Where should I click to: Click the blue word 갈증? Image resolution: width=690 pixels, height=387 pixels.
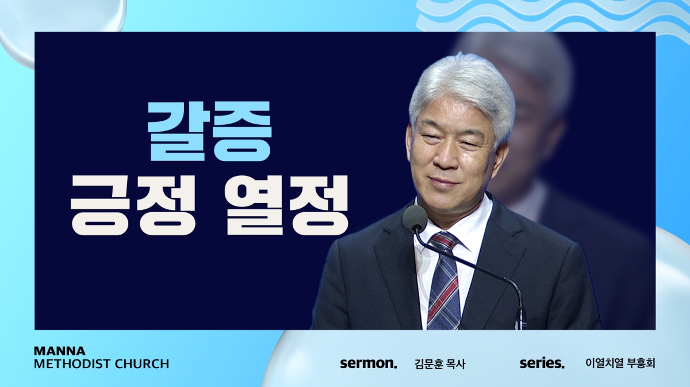[210, 131]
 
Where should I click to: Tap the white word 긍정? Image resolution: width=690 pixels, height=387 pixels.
[133, 205]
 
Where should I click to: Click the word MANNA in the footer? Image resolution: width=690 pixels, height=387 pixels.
[60, 351]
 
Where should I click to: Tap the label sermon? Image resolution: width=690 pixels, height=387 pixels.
[369, 363]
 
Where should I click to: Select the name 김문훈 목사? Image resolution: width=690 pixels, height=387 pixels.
[440, 364]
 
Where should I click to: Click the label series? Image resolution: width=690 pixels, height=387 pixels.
[542, 363]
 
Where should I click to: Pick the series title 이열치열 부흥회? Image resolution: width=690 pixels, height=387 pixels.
[620, 363]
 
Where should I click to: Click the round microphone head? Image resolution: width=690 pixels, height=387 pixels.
[415, 217]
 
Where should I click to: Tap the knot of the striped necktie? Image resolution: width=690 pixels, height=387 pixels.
[444, 242]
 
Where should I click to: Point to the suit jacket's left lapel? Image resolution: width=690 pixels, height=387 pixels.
[400, 262]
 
